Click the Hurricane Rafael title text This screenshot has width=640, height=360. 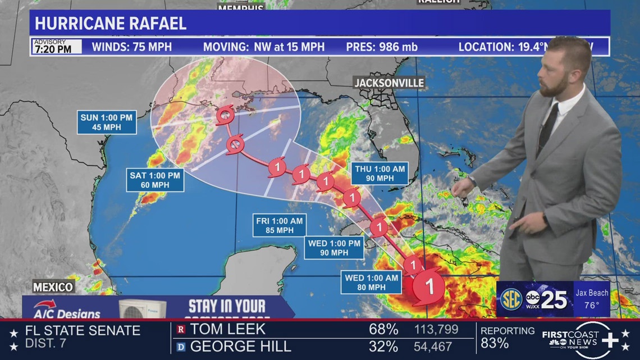point(111,24)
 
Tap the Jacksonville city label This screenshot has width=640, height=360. point(388,83)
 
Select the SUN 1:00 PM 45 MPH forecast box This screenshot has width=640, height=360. point(107,122)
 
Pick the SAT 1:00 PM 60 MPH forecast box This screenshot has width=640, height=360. point(155,180)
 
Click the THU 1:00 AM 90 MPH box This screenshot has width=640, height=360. point(380,173)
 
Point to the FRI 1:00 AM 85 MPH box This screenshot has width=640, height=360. point(279,226)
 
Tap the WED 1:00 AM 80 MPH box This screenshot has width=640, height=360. point(372,282)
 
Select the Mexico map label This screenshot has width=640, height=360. point(53,287)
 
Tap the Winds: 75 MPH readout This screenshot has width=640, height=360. point(132,47)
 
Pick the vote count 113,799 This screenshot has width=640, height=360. point(436,330)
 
